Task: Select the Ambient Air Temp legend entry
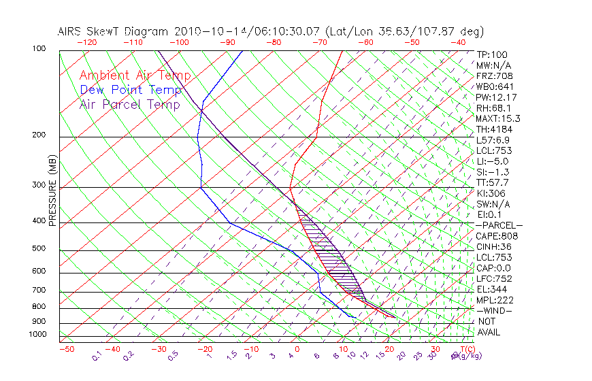pos(135,76)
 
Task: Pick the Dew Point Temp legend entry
pos(131,90)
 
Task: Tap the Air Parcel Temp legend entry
pos(130,104)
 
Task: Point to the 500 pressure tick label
pos(39,249)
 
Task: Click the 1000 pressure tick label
pos(37,335)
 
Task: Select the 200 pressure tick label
pos(39,135)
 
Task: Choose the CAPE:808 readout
pos(497,236)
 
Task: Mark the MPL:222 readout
pos(495,300)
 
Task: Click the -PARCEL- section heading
pos(499,225)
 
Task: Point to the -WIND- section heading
pos(495,310)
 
